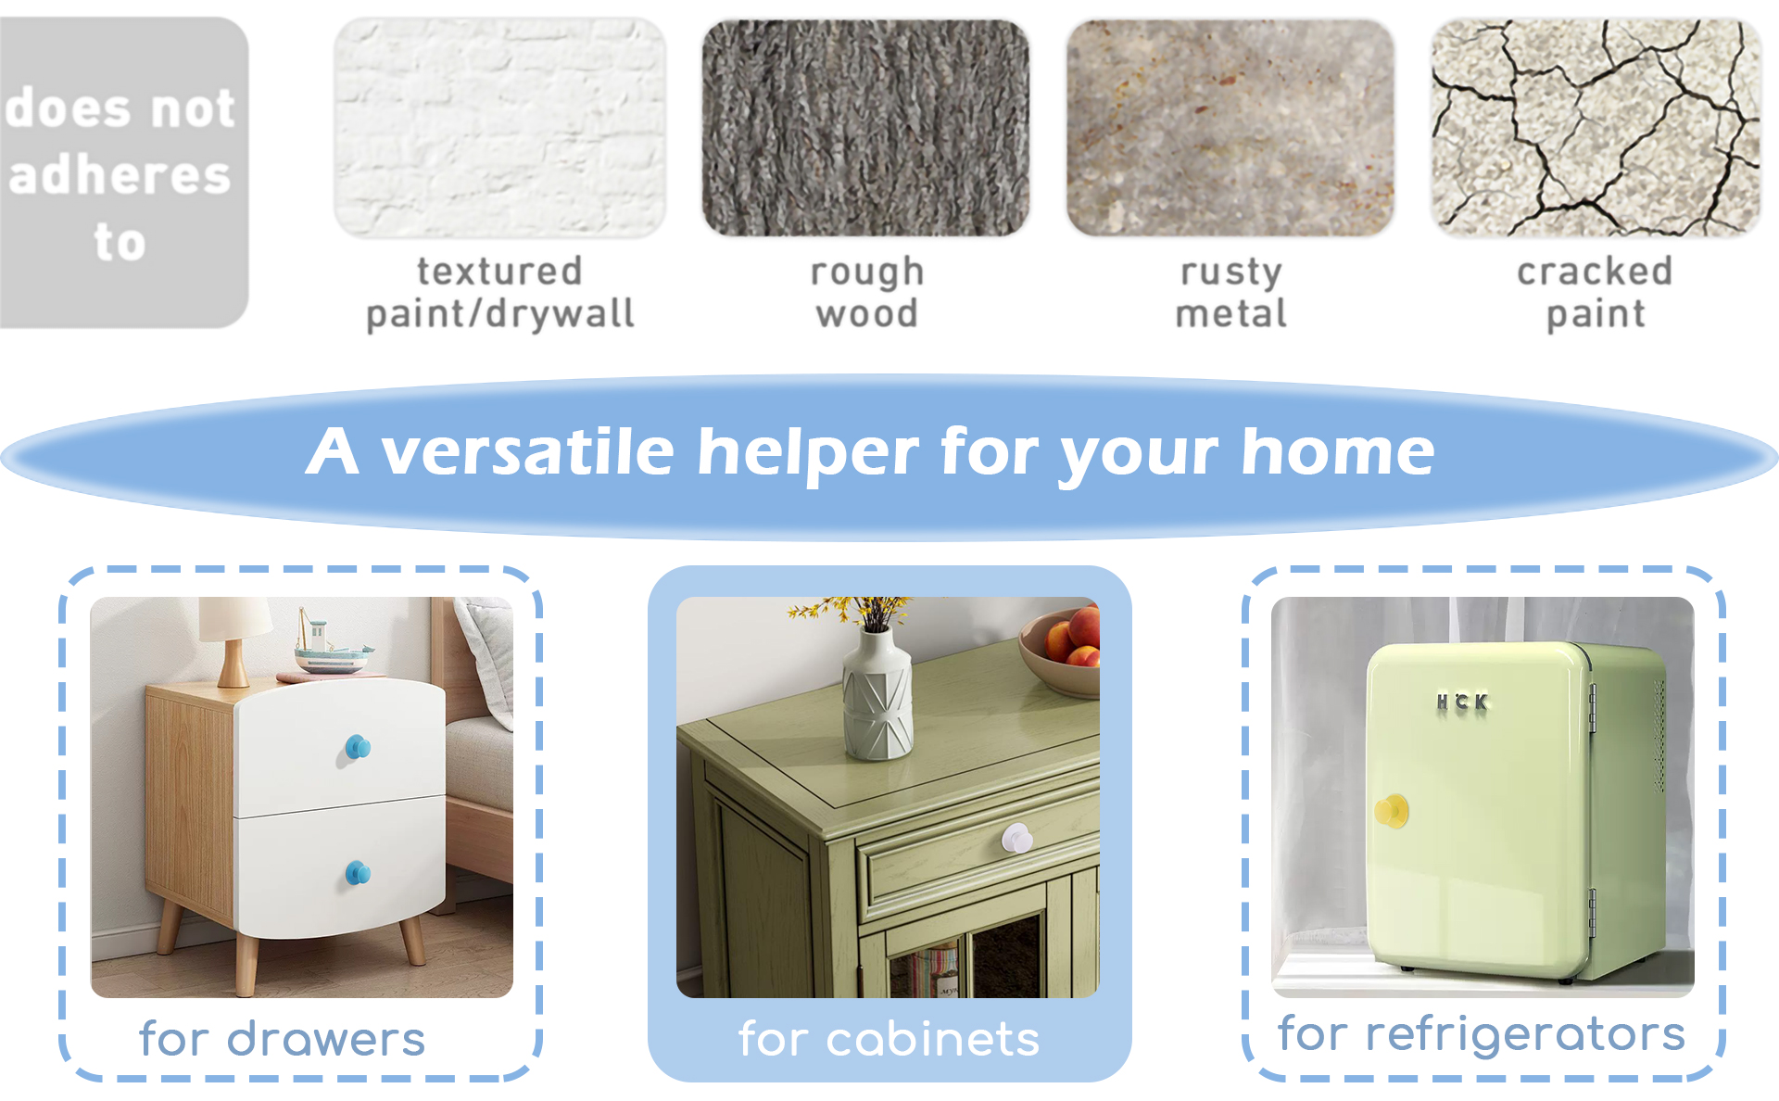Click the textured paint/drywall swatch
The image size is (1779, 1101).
[x=499, y=127]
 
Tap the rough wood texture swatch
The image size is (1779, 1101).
[x=865, y=127]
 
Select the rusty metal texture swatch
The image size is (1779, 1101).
[x=1230, y=127]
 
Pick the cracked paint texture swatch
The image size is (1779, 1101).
[x=1596, y=127]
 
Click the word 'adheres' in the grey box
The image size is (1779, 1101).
[x=120, y=175]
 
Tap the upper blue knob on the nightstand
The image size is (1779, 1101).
[x=358, y=746]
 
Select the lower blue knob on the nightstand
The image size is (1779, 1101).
[x=358, y=872]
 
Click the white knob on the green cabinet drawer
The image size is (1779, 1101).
[x=1016, y=839]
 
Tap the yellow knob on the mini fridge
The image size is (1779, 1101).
[x=1392, y=811]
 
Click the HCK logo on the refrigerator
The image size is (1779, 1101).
[x=1462, y=702]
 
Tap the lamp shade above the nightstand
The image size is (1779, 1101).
[x=233, y=619]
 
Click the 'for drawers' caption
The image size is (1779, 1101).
[x=283, y=1039]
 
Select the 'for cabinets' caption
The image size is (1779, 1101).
[x=889, y=1039]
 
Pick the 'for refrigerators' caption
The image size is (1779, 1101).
[x=1482, y=1034]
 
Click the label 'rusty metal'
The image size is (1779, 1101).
[x=1231, y=293]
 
